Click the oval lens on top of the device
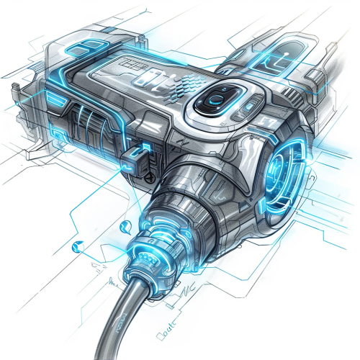[219, 100]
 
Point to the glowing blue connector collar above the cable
[156, 245]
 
